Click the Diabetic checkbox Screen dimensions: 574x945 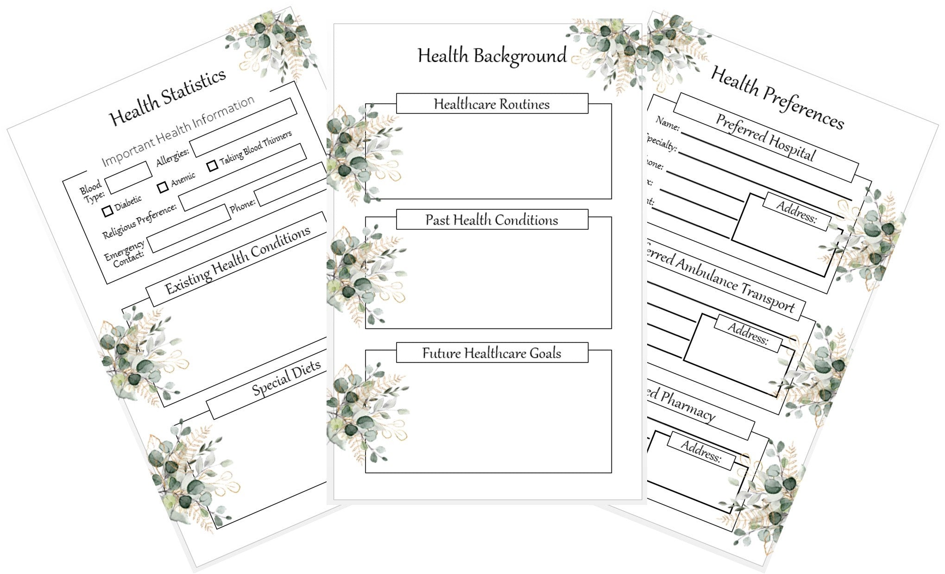[x=107, y=211]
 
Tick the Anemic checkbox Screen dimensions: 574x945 [x=163, y=187]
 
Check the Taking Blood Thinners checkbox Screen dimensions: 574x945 [x=212, y=165]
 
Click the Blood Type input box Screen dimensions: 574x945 [x=128, y=177]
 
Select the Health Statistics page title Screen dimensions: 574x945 [x=167, y=97]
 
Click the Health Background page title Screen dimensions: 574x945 [x=492, y=56]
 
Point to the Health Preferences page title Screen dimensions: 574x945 [x=777, y=97]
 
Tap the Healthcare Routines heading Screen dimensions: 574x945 [x=491, y=104]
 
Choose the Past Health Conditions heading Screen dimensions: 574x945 [x=491, y=220]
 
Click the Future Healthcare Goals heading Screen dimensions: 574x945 [x=491, y=353]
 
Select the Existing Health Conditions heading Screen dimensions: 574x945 [x=238, y=261]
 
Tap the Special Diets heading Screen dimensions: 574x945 [x=286, y=378]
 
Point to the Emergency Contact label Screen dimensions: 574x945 [x=125, y=253]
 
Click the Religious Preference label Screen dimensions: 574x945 [x=139, y=221]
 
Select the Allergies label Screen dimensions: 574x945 [x=172, y=157]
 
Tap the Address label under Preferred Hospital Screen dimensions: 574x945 [x=796, y=212]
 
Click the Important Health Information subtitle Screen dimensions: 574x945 [x=178, y=131]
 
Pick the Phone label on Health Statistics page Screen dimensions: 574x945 [x=242, y=205]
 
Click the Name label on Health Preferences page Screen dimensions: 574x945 [x=668, y=123]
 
